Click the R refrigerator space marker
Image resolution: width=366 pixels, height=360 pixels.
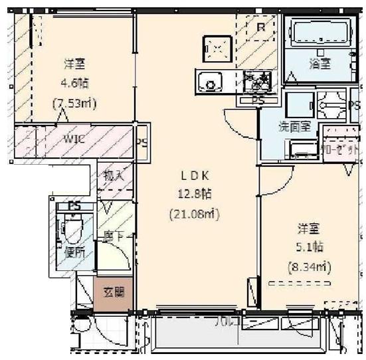pos(260,27)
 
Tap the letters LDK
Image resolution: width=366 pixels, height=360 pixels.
pos(196,175)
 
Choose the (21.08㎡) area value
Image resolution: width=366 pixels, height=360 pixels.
pos(197,214)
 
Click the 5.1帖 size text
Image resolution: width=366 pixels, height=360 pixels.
pos(309,246)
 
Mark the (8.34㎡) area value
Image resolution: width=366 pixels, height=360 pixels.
pos(309,267)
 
